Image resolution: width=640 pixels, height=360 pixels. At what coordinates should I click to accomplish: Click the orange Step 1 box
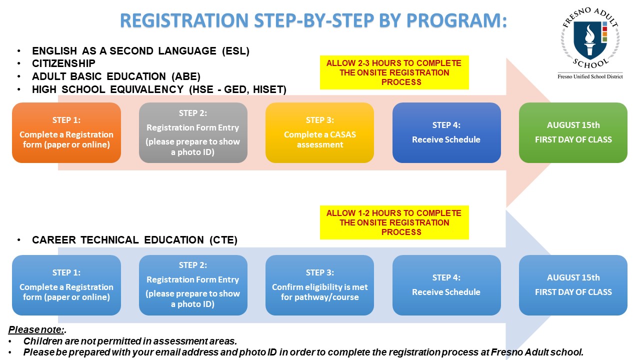(x=66, y=132)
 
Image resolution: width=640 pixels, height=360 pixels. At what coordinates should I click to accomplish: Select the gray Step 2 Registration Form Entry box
(x=193, y=132)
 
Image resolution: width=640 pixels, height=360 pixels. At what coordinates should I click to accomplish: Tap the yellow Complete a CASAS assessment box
(x=319, y=132)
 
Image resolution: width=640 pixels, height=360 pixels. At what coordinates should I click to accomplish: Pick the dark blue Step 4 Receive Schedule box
(x=446, y=132)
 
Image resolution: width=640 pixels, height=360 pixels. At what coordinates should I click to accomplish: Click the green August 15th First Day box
(x=573, y=132)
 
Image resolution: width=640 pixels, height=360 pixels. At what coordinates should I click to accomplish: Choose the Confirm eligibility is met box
(x=319, y=285)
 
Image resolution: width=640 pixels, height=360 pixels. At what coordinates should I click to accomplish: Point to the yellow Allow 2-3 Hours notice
(x=394, y=72)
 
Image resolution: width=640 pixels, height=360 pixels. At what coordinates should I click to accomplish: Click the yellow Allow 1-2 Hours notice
(x=394, y=222)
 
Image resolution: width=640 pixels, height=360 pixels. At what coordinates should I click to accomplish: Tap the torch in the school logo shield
(x=589, y=40)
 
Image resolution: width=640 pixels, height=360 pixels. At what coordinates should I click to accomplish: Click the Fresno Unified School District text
(x=590, y=76)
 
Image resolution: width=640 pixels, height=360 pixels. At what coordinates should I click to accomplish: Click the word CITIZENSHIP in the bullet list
(x=63, y=63)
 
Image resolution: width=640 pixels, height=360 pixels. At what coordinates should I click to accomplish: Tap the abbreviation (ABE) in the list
(x=186, y=76)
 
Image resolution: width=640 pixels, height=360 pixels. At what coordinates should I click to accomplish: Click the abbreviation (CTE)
(x=223, y=240)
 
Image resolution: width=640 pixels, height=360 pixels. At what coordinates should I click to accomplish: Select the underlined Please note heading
(x=36, y=329)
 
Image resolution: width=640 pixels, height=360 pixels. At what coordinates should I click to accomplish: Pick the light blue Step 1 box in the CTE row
(x=66, y=285)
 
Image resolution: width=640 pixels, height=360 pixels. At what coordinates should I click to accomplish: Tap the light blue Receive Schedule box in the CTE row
(x=446, y=285)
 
